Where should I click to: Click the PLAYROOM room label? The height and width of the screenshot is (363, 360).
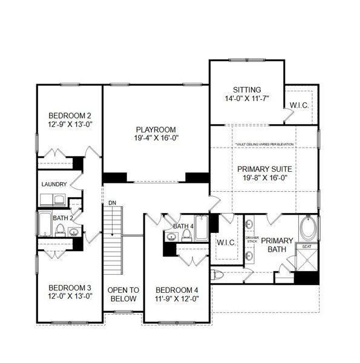coord(155,129)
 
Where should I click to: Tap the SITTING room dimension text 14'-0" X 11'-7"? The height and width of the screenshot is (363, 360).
coord(246,97)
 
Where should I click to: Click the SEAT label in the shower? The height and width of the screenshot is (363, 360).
coord(307,246)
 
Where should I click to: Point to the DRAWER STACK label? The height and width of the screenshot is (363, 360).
coord(252,240)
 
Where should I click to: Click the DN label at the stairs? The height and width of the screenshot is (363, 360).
coord(112,203)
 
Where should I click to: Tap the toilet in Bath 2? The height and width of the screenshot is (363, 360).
coord(60,230)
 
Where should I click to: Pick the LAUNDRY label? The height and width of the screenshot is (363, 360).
coord(53,184)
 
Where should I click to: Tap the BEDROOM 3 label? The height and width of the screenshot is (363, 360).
coord(70,287)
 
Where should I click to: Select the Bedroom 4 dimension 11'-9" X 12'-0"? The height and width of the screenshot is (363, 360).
coord(177,298)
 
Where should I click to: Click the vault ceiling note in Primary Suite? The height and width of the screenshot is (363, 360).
coord(264,145)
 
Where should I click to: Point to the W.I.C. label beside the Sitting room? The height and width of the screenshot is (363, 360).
coord(299,105)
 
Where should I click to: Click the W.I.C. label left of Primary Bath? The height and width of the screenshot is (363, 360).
coord(226,242)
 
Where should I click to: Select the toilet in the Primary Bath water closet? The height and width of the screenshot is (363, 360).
coord(218,275)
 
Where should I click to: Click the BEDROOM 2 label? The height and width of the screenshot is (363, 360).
coord(70,116)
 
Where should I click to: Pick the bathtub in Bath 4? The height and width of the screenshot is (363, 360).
coord(201,227)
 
